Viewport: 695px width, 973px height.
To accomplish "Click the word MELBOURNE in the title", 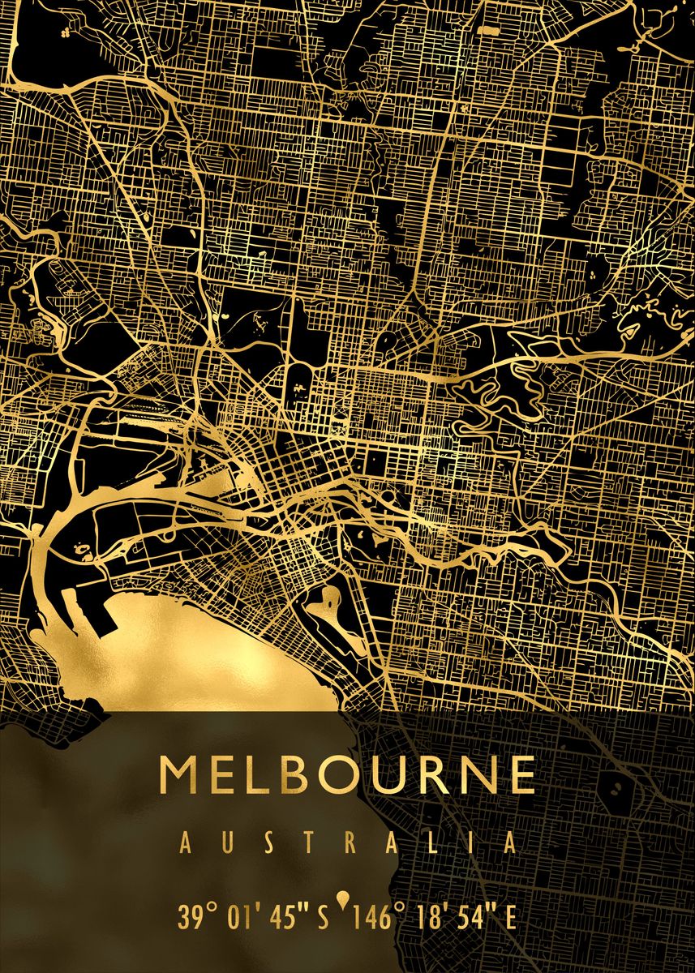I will (347, 775).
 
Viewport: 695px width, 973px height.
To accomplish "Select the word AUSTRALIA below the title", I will (347, 843).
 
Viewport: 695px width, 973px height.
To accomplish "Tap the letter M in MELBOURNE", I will (178, 775).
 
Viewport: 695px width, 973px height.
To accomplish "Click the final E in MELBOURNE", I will (519, 775).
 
